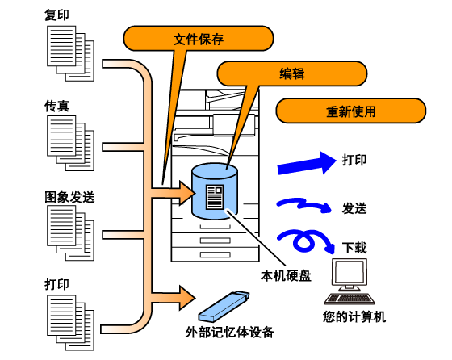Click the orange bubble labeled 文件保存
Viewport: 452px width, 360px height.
click(x=199, y=38)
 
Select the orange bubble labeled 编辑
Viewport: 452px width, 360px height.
click(x=291, y=73)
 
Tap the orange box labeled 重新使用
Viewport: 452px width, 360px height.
click(x=351, y=111)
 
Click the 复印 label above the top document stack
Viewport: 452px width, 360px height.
click(x=56, y=15)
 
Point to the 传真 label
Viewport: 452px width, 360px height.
click(x=56, y=106)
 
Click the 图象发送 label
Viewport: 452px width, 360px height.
click(x=69, y=197)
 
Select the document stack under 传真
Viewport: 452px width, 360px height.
click(x=71, y=143)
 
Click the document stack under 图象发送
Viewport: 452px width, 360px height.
click(x=71, y=233)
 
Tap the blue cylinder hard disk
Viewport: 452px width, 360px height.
click(x=215, y=191)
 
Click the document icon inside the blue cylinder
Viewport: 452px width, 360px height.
click(x=215, y=197)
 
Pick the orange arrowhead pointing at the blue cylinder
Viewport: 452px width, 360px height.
click(x=186, y=193)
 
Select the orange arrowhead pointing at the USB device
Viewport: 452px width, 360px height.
click(x=186, y=298)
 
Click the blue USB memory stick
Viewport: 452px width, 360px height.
click(x=224, y=307)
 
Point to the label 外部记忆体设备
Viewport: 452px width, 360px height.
click(x=229, y=332)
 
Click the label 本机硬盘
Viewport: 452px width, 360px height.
click(x=286, y=275)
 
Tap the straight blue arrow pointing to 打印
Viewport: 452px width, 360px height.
click(x=307, y=163)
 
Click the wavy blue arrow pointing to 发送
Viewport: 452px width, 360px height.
click(x=304, y=204)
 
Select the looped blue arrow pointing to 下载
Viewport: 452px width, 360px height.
click(x=306, y=241)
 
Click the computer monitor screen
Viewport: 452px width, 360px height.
click(x=349, y=272)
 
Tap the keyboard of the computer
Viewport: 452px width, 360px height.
click(x=349, y=299)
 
